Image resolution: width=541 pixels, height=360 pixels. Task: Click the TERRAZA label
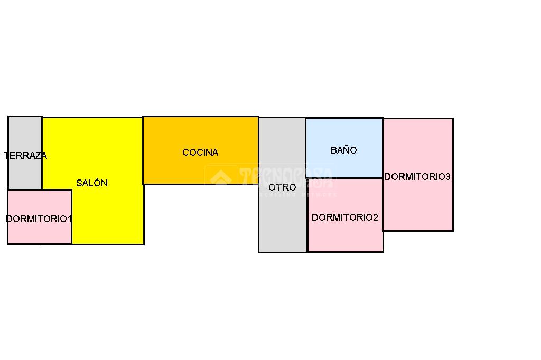(25, 156)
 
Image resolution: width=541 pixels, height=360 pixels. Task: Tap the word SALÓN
(92, 183)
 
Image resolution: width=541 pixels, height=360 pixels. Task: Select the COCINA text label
(200, 153)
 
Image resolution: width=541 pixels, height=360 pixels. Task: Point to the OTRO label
(282, 187)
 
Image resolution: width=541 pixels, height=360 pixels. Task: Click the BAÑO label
(344, 150)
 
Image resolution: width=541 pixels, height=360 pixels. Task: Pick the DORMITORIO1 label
(39, 219)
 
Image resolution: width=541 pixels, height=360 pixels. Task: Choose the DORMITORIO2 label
(345, 217)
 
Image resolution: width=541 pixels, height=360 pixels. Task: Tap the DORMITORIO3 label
(417, 177)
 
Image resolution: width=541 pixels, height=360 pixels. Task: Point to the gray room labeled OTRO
(282, 222)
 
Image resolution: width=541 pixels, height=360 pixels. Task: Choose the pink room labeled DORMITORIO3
(417, 206)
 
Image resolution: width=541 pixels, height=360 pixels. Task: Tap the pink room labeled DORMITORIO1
(39, 232)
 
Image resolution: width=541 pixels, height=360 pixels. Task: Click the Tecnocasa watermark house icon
(221, 177)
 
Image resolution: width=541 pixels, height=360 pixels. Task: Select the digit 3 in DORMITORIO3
(447, 177)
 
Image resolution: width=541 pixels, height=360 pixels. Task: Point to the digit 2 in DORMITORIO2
(376, 217)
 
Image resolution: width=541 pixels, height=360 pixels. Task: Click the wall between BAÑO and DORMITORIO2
(344, 178)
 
